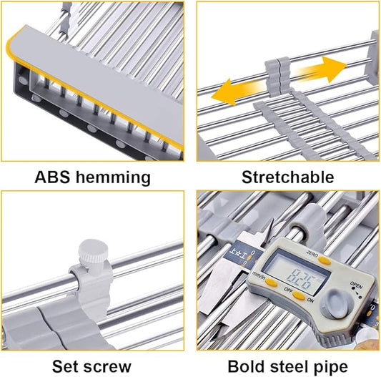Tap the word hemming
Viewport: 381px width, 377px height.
click(113, 178)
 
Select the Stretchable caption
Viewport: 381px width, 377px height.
click(287, 177)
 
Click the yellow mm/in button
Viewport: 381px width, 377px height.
click(270, 283)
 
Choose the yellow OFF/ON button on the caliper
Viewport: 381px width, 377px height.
click(298, 295)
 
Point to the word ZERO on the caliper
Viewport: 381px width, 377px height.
click(312, 255)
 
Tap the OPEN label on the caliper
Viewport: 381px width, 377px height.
click(356, 285)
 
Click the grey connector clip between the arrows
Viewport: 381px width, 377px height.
click(278, 76)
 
